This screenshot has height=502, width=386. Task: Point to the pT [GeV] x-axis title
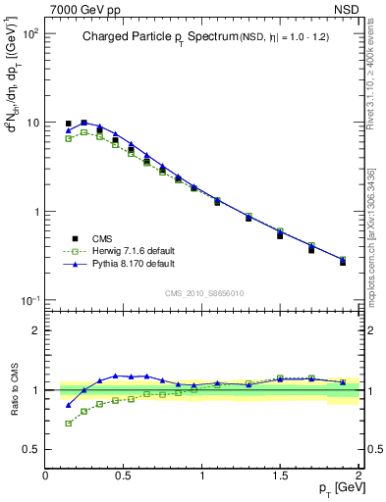(x=336, y=487)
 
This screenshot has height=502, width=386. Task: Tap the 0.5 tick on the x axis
(x=124, y=476)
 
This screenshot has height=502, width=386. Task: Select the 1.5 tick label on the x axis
(x=281, y=476)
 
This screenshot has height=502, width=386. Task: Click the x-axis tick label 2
(x=359, y=476)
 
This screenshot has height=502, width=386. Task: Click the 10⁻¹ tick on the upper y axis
(x=29, y=301)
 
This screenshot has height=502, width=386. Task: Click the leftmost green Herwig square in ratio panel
(x=68, y=424)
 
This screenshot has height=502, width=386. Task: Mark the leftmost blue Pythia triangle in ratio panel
(x=68, y=404)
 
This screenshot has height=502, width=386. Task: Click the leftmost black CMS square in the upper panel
(x=68, y=125)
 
